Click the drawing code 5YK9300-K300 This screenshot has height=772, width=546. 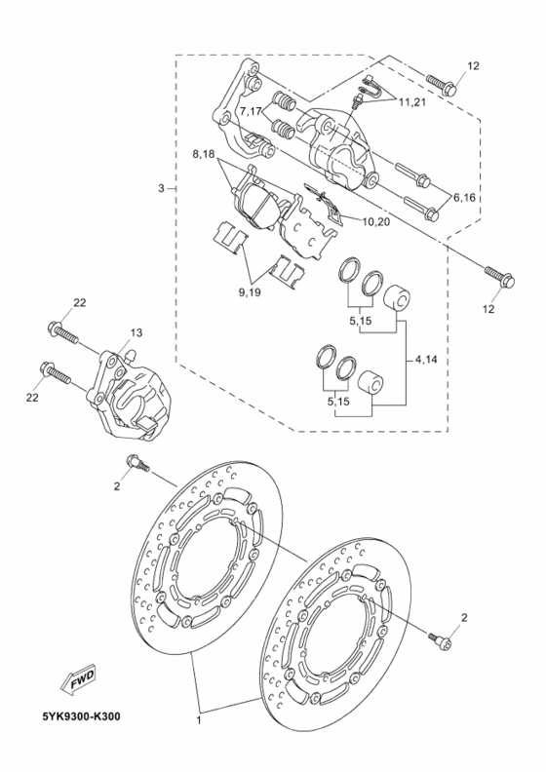tap(81, 715)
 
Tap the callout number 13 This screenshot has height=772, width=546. tap(136, 332)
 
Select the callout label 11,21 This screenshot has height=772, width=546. tap(412, 102)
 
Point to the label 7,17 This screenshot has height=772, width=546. tap(252, 111)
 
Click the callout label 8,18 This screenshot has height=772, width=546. tap(204, 155)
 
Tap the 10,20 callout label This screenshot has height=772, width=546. tap(375, 222)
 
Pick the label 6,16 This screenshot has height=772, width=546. tap(464, 198)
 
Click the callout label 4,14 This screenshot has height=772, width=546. tap(426, 360)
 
